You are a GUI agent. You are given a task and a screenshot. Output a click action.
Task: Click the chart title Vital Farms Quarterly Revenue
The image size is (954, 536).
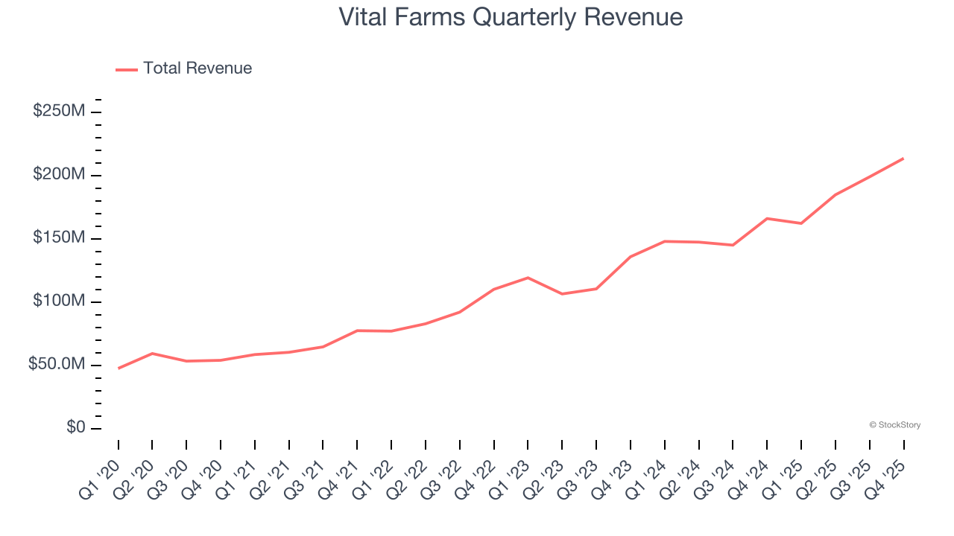tap(511, 17)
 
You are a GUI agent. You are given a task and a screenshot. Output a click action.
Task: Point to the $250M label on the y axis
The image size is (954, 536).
tap(59, 112)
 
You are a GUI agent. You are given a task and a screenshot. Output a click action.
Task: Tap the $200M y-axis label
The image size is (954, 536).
tap(59, 175)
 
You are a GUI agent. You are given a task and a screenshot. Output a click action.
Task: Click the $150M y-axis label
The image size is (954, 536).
tap(59, 238)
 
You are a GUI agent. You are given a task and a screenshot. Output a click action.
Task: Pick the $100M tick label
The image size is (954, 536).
tap(59, 301)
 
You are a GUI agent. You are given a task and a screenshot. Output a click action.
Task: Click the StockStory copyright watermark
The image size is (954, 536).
tap(894, 425)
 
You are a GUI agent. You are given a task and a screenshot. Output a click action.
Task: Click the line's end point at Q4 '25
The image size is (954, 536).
tap(903, 159)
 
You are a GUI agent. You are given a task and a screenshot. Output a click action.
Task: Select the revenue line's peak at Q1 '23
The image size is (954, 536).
tap(528, 278)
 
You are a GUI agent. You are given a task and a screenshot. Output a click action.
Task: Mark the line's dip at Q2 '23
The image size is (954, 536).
tap(562, 294)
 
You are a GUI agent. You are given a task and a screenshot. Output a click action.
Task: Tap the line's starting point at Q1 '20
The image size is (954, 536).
tap(119, 368)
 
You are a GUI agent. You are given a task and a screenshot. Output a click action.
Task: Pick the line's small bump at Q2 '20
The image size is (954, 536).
tap(152, 354)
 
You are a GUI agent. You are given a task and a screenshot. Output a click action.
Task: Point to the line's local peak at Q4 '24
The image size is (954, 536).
tap(767, 218)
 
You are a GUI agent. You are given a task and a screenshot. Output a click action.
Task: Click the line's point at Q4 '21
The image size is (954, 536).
tap(357, 331)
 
